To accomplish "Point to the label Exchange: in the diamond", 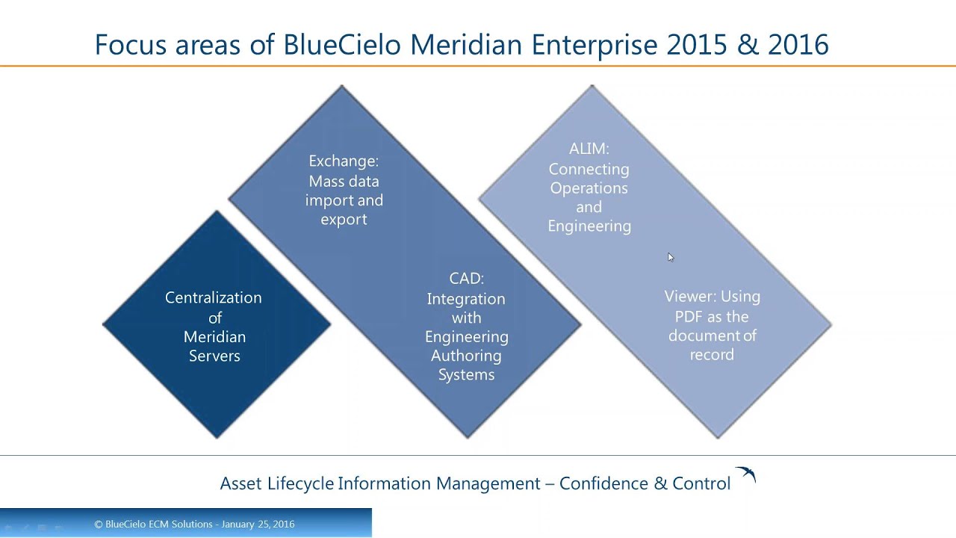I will tap(344, 161).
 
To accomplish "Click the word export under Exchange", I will tap(344, 219).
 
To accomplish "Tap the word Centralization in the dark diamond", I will tap(214, 297).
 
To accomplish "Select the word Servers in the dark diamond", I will tap(214, 356).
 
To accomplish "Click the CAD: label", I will tap(467, 279).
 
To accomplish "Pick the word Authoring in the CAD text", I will tap(466, 356).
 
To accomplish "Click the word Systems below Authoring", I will tap(466, 374).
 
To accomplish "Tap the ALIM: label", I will tap(589, 149).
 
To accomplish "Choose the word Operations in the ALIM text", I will tap(589, 188).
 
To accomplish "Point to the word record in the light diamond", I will tap(711, 355).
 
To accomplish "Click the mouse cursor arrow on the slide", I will tap(671, 257).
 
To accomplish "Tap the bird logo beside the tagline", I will tap(745, 474).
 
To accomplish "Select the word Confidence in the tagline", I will tap(603, 483).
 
